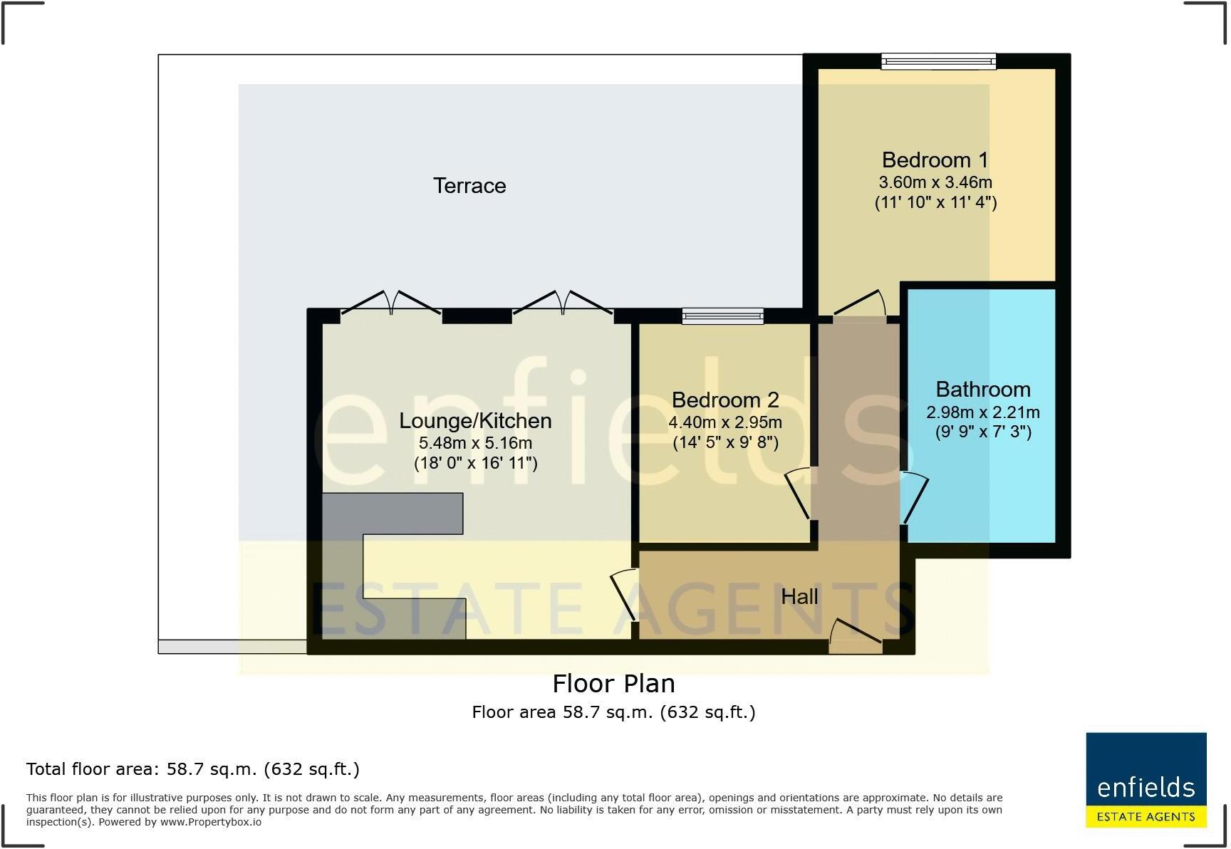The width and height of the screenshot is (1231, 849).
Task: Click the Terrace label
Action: click(469, 186)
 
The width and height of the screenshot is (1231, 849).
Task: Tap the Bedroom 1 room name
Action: click(935, 160)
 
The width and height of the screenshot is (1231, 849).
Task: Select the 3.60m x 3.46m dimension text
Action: click(936, 182)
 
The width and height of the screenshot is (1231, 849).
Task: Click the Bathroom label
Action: click(983, 390)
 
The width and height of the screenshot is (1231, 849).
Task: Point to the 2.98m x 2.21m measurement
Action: click(983, 412)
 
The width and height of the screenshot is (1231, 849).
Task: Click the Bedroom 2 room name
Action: click(725, 400)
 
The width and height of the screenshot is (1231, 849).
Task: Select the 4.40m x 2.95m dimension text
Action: click(725, 422)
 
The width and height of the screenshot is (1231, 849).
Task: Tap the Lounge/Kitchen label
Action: click(475, 421)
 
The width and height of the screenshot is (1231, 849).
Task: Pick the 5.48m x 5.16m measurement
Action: click(475, 443)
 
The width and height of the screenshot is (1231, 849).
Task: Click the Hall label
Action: click(799, 597)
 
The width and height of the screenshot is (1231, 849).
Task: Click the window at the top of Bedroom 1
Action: click(938, 62)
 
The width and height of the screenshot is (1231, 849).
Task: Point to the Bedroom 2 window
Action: click(722, 316)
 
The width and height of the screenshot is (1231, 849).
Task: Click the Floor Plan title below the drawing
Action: click(613, 684)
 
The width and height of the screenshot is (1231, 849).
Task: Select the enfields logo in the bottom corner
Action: click(1146, 780)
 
